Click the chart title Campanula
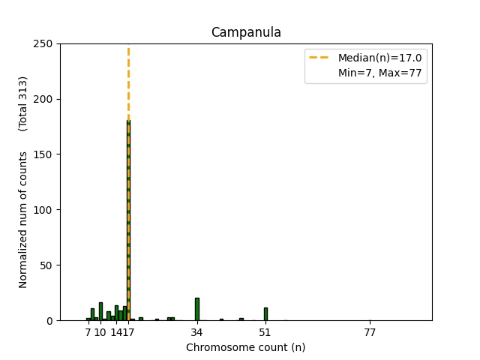(x=246, y=32)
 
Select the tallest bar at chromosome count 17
(x=128, y=225)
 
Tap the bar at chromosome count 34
(x=197, y=309)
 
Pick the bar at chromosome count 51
(x=265, y=313)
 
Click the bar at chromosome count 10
(x=100, y=311)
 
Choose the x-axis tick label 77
(x=370, y=332)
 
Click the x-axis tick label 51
(x=265, y=332)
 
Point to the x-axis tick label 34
(x=197, y=332)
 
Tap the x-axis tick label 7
(x=88, y=332)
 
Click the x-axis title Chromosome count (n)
(x=246, y=347)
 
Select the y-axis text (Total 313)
(x=23, y=103)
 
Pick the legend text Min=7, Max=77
(x=382, y=73)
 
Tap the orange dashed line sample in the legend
(x=320, y=58)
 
